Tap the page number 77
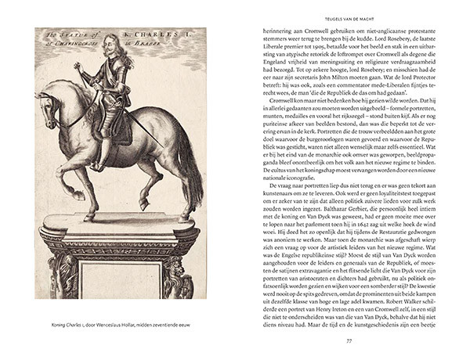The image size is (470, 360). point(345,339)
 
